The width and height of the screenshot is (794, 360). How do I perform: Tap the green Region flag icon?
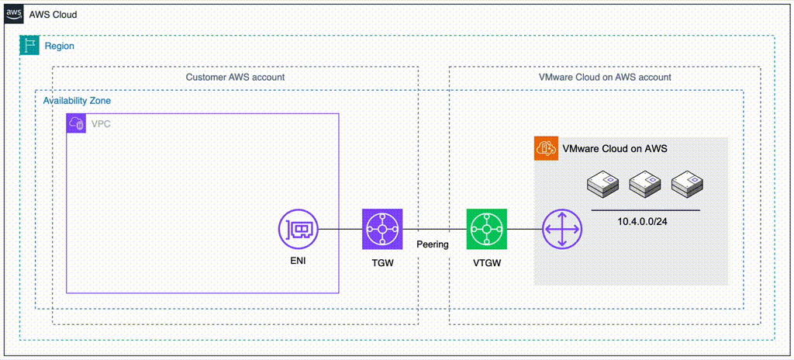pos(29,46)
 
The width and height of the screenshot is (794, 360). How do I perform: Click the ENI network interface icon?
pos(299,230)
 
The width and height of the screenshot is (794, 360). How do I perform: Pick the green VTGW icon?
pos(487,230)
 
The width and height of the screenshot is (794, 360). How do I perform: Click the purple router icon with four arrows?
pos(561,230)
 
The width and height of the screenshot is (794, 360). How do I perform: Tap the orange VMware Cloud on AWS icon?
pos(546,149)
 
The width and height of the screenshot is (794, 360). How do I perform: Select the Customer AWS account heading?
pos(235,78)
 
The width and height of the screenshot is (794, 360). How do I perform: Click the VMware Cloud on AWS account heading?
pos(605,78)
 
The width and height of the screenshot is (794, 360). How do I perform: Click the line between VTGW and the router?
pos(523,230)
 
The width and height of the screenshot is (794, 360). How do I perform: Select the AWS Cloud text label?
pos(53,16)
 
